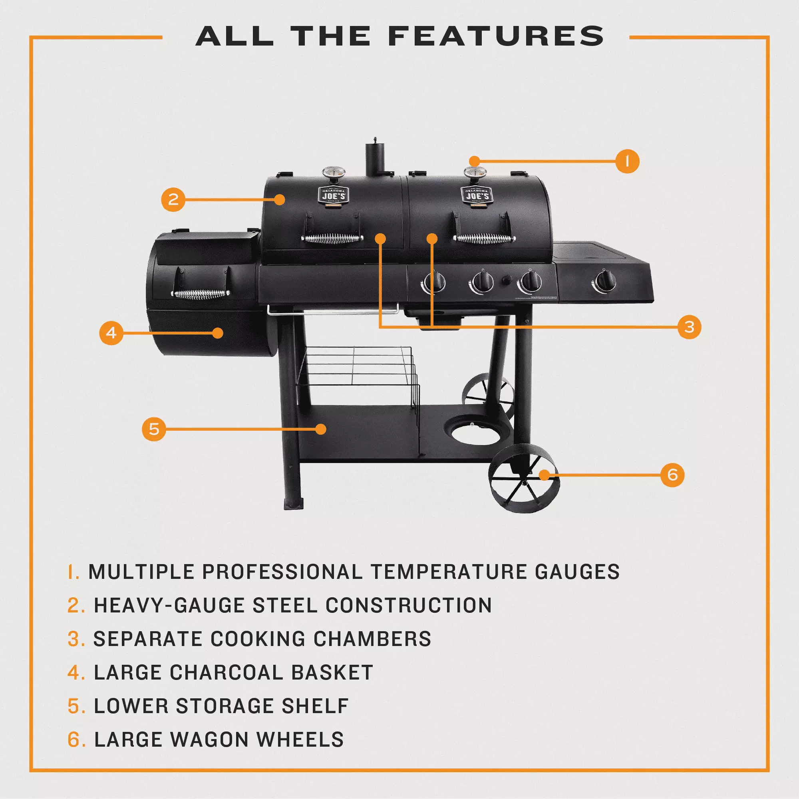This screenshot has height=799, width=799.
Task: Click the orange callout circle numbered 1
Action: pyautogui.click(x=627, y=161)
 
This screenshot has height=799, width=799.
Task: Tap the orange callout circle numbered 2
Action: pyautogui.click(x=173, y=200)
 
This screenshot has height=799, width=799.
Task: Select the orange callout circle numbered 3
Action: pyautogui.click(x=689, y=327)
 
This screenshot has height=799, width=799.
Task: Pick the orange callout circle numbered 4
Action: pyautogui.click(x=111, y=333)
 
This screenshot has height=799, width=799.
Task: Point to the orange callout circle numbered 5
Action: pyautogui.click(x=154, y=429)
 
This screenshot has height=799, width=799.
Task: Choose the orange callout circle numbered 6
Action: pyautogui.click(x=672, y=475)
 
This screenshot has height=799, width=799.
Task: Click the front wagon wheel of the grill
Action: pyautogui.click(x=524, y=478)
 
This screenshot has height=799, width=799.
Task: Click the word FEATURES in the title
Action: pyautogui.click(x=496, y=36)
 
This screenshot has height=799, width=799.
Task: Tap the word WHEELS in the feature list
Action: pyautogui.click(x=300, y=739)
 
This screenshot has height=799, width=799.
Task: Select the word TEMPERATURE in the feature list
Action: pyautogui.click(x=449, y=572)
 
